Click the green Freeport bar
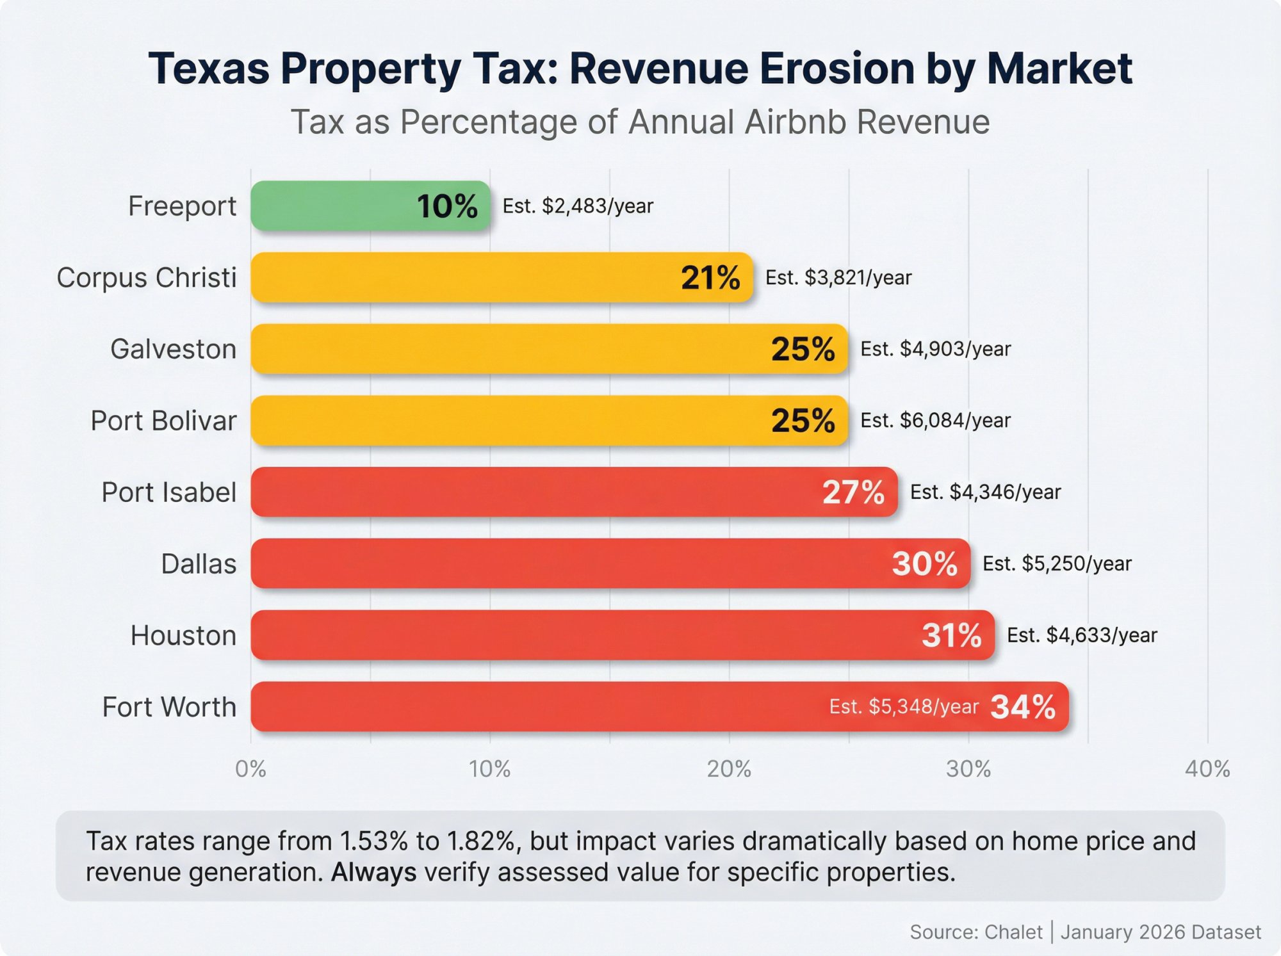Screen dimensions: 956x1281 click(333, 206)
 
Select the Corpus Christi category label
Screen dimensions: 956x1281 click(147, 278)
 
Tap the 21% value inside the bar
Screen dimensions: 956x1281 click(710, 278)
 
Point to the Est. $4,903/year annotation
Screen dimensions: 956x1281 click(935, 349)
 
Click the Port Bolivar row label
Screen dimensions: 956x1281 click(163, 421)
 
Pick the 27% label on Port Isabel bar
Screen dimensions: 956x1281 click(853, 492)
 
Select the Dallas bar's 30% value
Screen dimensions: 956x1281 click(924, 564)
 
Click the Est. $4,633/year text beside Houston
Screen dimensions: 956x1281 click(1082, 635)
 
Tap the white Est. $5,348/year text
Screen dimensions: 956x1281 click(904, 706)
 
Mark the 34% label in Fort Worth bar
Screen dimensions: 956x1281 click(1023, 707)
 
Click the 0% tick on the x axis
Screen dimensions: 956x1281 click(250, 768)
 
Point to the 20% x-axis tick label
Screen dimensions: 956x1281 click(729, 768)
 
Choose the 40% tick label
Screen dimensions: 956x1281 click(1207, 768)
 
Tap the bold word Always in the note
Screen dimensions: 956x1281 click(373, 872)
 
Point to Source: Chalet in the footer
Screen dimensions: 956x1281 click(975, 932)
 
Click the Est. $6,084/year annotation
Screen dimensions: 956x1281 click(935, 421)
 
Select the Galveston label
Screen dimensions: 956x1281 click(173, 349)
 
